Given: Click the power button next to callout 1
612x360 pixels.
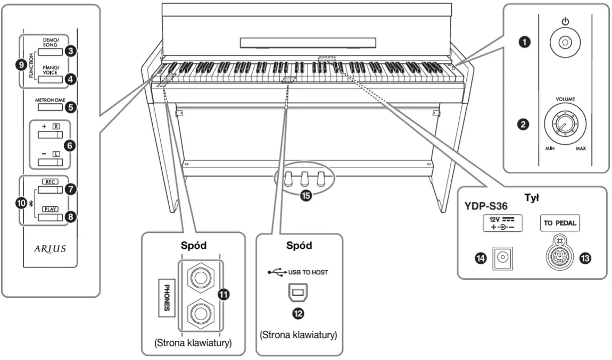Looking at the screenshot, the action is pos(565,42).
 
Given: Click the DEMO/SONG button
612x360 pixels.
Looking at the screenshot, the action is pos(50,52).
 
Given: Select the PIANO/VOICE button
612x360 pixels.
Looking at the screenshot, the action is pos(50,79).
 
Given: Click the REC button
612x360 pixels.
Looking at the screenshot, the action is pos(50,190).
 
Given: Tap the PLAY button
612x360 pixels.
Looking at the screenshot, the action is pos(50,217).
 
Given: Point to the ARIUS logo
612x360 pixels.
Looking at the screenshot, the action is pos(50,248).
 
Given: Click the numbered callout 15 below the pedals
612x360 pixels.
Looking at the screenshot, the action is pos(305,195).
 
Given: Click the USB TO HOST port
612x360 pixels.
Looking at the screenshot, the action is pos(297,292).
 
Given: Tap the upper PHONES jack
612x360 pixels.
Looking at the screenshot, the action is pos(201,278).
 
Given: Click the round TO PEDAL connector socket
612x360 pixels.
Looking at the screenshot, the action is pos(560,256).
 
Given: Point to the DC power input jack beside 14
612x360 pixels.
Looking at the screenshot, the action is pos(503,258).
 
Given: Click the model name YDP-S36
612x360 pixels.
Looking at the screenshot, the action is pos(485,206).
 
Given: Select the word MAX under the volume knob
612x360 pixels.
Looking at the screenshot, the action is pos(581,148).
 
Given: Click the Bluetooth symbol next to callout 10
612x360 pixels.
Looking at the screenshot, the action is pos(31,203).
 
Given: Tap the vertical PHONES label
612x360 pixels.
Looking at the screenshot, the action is pos(167,298).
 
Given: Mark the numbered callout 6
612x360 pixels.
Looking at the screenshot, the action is pos(70,146).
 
